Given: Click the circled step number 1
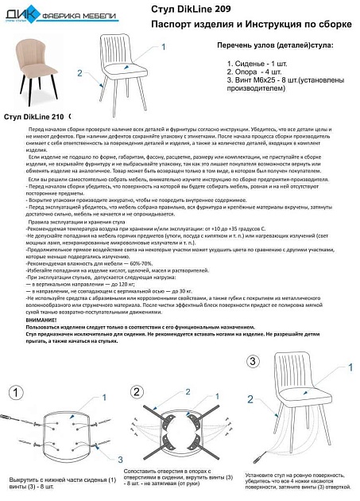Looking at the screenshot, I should [x=15, y=392].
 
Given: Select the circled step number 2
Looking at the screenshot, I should [x=137, y=392].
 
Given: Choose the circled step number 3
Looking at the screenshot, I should [x=253, y=361].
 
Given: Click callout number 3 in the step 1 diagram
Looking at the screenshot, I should [x=98, y=460].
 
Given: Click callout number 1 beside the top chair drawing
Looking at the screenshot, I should [x=163, y=47].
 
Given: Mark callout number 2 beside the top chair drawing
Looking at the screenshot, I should [x=79, y=72].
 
